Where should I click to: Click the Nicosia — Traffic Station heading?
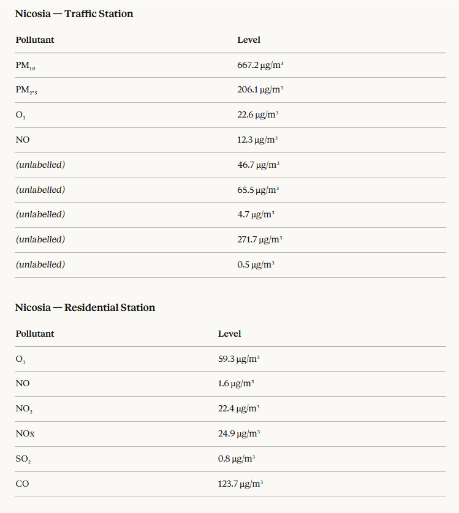(74, 13)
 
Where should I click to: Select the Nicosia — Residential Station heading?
(85, 307)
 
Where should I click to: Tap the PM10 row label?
(25, 65)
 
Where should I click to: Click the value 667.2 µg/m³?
(260, 65)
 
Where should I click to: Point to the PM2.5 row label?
(26, 90)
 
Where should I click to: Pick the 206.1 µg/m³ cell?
(260, 90)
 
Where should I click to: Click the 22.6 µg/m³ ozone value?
(257, 114)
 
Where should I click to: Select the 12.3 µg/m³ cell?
(257, 140)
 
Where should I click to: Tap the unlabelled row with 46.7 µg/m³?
(40, 165)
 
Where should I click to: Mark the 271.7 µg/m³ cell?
(260, 239)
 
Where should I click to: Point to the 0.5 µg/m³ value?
(256, 264)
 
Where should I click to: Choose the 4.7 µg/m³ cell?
(256, 214)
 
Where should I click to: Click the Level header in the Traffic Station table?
(249, 40)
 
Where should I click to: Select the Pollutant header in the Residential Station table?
(35, 334)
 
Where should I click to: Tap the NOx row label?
(25, 433)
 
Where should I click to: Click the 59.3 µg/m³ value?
(239, 359)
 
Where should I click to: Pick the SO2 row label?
(24, 459)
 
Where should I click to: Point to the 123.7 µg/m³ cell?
(241, 484)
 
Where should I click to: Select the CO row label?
(22, 484)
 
